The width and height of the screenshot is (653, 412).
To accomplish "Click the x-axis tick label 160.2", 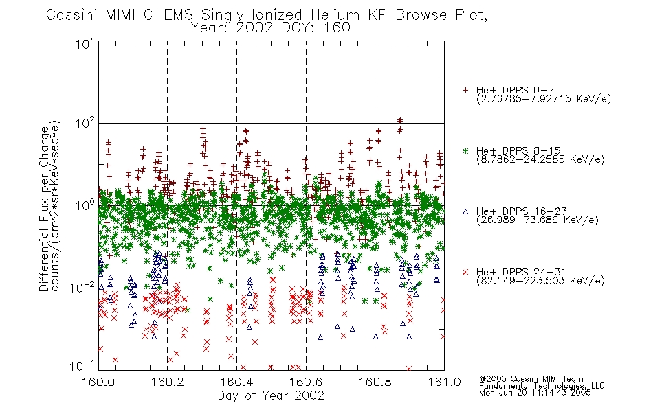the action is pyautogui.click(x=168, y=382).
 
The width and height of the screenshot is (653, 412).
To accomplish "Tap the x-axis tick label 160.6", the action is pyautogui.click(x=306, y=382).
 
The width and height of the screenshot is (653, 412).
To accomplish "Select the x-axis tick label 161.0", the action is pyautogui.click(x=444, y=382).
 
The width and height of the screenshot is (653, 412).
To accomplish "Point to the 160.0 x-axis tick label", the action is pyautogui.click(x=98, y=382).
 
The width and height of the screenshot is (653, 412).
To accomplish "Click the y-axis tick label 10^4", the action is pyautogui.click(x=85, y=43).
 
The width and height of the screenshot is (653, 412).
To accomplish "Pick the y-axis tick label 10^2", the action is pyautogui.click(x=85, y=124).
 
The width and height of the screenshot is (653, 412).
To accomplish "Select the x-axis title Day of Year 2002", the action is pyautogui.click(x=271, y=396).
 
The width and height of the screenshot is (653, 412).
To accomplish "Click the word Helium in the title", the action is pyautogui.click(x=335, y=15).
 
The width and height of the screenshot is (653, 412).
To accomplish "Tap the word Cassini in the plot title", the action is pyautogui.click(x=71, y=15).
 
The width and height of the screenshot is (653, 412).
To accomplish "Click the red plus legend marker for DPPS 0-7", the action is pyautogui.click(x=465, y=90).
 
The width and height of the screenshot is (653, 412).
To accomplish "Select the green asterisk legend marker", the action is pyautogui.click(x=465, y=150).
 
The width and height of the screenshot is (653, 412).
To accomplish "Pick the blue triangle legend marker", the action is pyautogui.click(x=465, y=211).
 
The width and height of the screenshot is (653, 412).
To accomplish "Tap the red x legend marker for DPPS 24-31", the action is pyautogui.click(x=465, y=272).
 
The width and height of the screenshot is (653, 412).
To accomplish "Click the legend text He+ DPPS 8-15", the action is pyautogui.click(x=518, y=150).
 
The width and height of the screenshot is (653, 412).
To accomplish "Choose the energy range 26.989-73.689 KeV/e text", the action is pyautogui.click(x=538, y=220).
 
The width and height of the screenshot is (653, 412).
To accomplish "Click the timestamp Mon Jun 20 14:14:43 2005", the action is pyautogui.click(x=535, y=393).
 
